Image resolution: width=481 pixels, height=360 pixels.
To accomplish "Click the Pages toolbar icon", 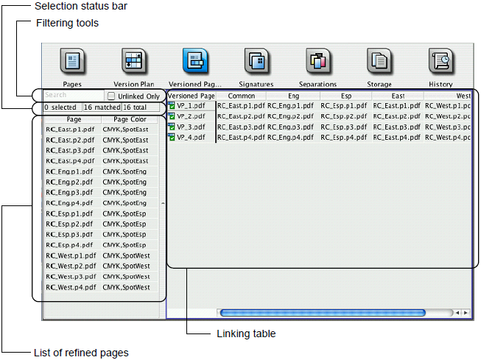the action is pos(72,61).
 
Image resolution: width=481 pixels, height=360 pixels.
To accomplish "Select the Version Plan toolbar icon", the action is pos(134,61).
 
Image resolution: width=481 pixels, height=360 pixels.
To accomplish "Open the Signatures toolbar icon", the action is pos(256,61).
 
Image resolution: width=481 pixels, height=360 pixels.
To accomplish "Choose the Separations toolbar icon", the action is pos(317,61).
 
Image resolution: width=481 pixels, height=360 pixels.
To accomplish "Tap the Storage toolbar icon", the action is pos(379,61).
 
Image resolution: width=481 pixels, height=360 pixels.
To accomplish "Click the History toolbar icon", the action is pos(440,61).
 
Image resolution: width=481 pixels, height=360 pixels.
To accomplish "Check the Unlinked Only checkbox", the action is pos(111,96).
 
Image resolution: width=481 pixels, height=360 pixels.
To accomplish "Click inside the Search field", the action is pos(74,95).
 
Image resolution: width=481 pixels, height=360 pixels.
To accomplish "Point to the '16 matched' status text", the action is pos(102,107).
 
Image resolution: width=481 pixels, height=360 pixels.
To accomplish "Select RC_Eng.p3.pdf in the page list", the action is pos(69,193).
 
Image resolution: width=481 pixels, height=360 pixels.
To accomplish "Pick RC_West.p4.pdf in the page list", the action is pos(71,287).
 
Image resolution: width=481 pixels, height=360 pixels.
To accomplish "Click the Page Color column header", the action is pos(130,119).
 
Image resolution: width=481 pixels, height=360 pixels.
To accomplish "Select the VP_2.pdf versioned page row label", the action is pos(191,116).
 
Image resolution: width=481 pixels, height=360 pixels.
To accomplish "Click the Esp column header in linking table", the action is pos(346,96).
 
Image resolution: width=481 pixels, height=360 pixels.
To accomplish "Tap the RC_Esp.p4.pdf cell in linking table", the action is pos(343,138).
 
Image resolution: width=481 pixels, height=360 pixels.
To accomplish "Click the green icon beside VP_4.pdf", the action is pos(172,137).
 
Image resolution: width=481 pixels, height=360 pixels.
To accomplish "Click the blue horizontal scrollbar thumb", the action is pos(323,313).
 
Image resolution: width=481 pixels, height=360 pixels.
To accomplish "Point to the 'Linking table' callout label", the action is pos(246,333).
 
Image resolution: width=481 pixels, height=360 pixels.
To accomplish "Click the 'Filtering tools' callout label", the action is pos(67,23).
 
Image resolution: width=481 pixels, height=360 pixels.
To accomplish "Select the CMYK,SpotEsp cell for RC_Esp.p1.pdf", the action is pos(124,213).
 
